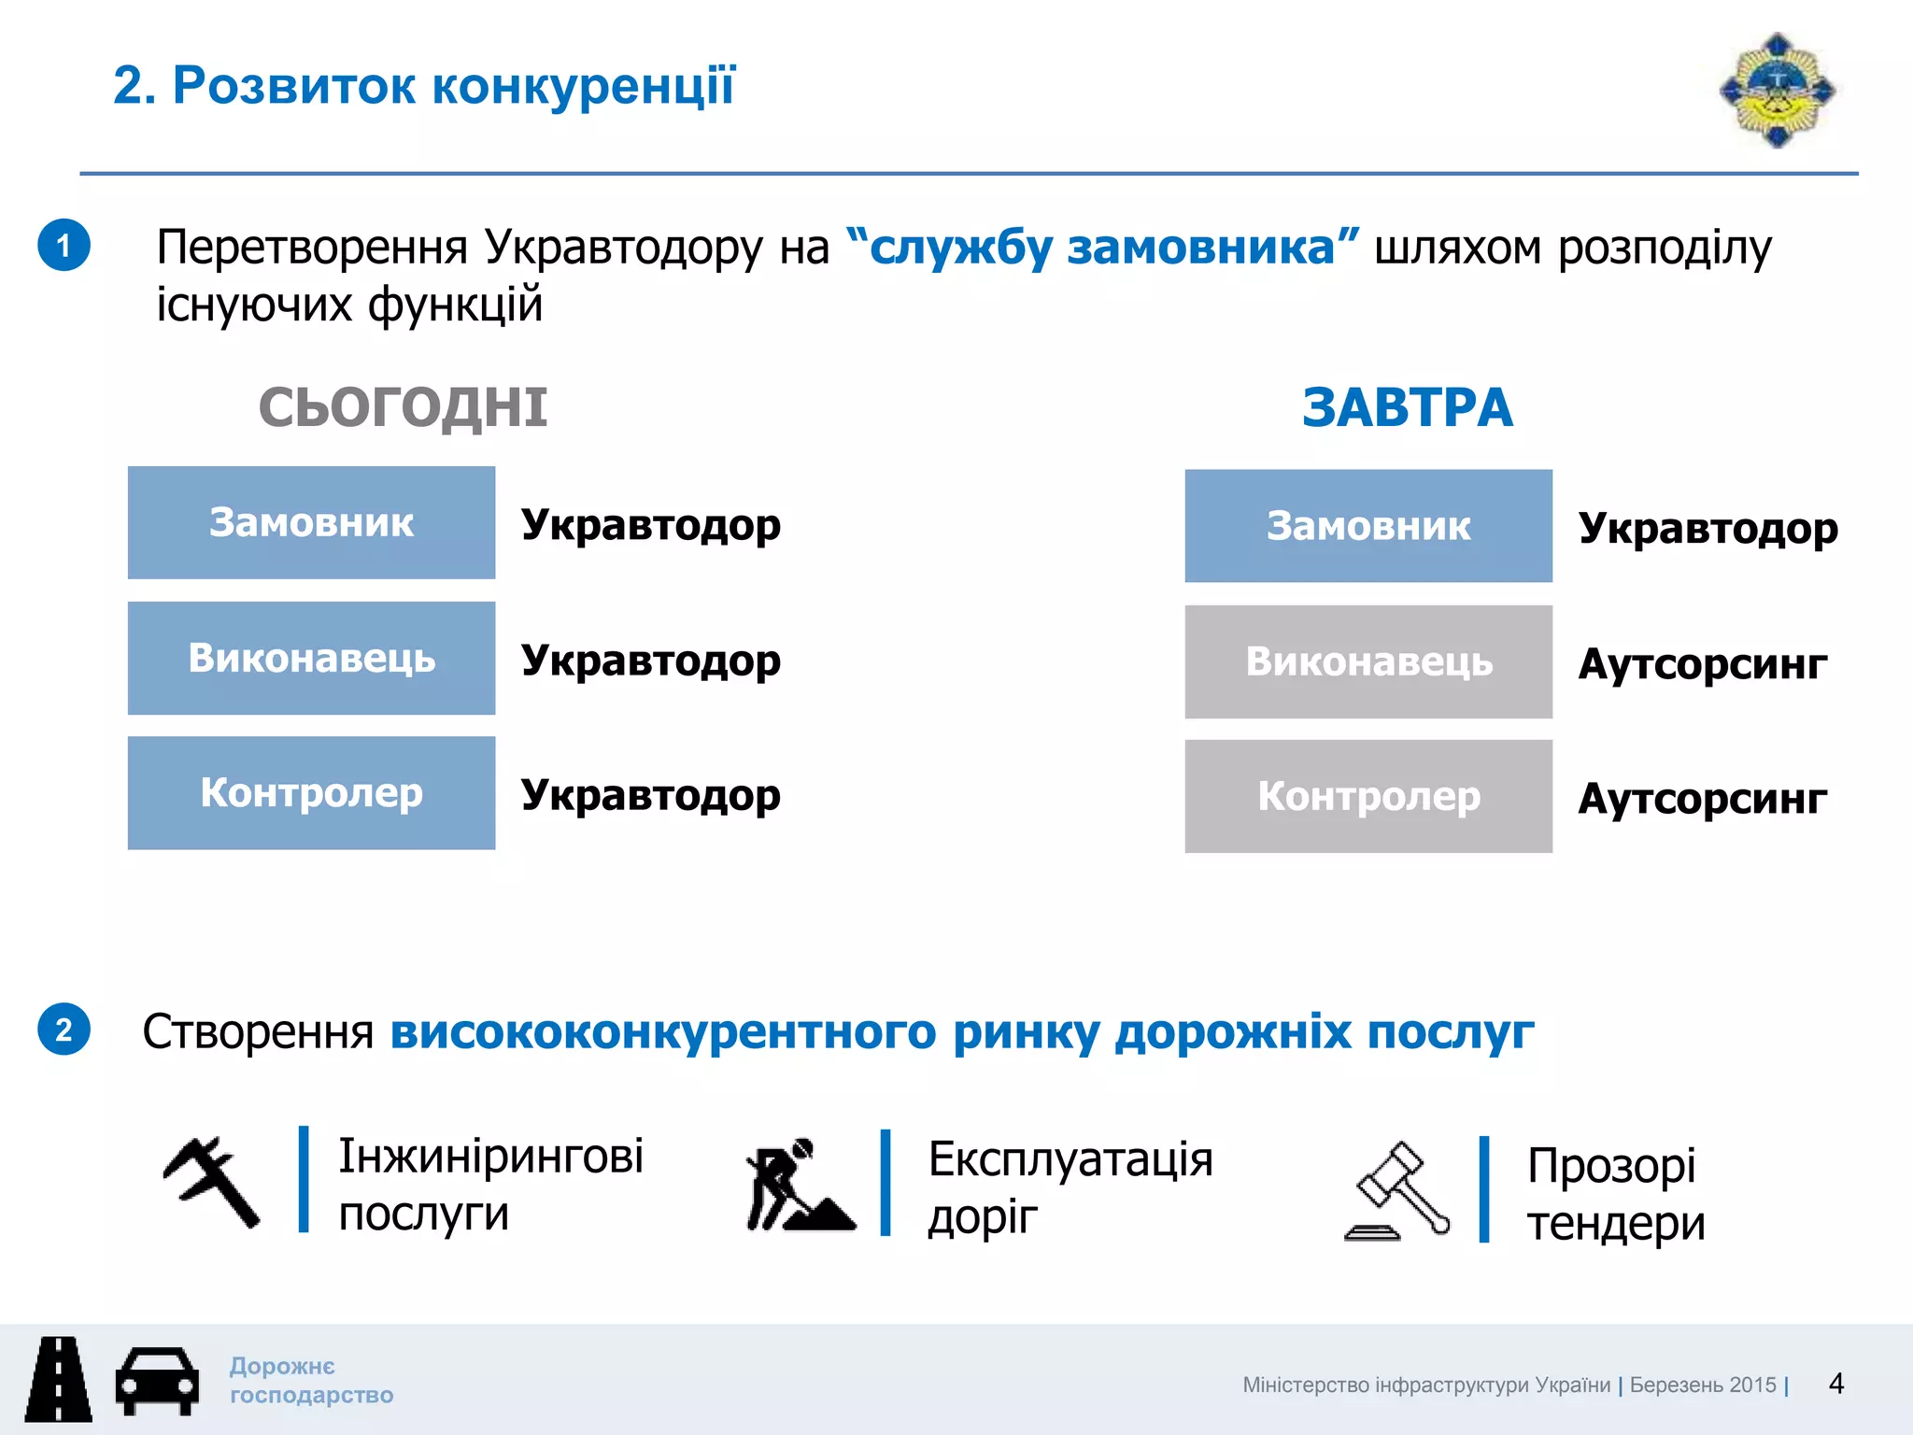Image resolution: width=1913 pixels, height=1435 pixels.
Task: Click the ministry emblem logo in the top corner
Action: click(1777, 91)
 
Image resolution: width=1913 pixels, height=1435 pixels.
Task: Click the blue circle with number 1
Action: click(64, 246)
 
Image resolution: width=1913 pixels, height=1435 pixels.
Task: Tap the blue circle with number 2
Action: click(64, 1030)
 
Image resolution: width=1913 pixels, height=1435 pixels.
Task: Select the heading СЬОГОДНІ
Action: click(403, 408)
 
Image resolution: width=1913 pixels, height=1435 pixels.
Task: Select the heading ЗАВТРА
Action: click(1407, 408)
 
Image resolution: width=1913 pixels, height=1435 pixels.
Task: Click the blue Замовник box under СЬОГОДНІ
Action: click(311, 523)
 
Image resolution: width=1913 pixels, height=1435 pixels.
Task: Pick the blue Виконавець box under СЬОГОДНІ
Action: click(311, 659)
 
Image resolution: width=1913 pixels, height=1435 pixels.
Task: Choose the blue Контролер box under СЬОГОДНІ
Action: click(311, 793)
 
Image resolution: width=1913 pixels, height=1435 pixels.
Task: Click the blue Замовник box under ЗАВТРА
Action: click(1368, 526)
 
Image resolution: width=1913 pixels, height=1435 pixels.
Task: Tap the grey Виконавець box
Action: click(1368, 661)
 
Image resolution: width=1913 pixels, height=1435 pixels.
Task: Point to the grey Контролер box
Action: click(1368, 796)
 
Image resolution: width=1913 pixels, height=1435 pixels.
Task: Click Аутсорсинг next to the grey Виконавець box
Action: click(1702, 664)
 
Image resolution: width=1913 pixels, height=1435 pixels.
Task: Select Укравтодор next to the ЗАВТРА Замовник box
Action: click(1708, 528)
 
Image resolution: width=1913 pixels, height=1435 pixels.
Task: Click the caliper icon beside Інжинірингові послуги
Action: click(211, 1182)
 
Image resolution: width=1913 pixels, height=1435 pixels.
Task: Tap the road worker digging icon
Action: click(799, 1185)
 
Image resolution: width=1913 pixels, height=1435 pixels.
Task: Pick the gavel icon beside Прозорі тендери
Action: click(1398, 1191)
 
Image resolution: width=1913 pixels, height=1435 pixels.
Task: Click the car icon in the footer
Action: click(157, 1380)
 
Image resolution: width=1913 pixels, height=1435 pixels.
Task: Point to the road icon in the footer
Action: click(59, 1379)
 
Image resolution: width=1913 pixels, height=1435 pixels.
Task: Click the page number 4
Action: click(1835, 1384)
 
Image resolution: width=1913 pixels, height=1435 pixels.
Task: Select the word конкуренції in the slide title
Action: click(584, 86)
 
